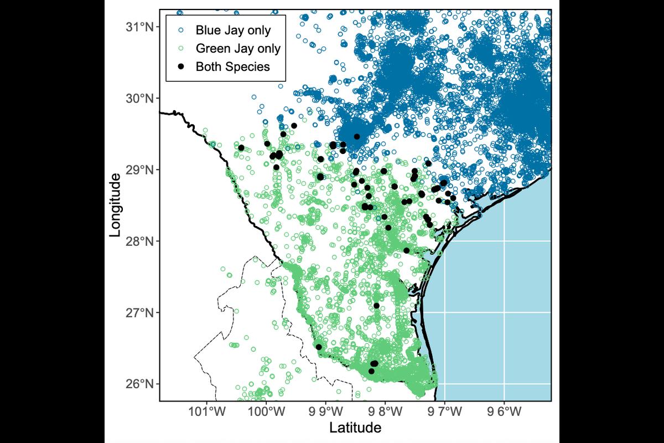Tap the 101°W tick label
coord(207,411)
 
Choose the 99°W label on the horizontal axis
coord(326,411)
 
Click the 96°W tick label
coord(504,411)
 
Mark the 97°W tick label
coord(445,411)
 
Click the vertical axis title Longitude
coord(115,205)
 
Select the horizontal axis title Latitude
coord(355,427)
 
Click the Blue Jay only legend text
coord(234,30)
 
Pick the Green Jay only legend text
coord(238,48)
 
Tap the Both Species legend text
coord(233,67)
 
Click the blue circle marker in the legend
coord(181,30)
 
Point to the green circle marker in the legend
coord(181,48)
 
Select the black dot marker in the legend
coord(181,67)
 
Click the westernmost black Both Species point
coord(241,148)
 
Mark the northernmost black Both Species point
coord(294,126)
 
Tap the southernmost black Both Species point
coord(371,371)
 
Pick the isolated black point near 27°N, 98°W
coord(376,306)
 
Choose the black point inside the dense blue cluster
coord(357,136)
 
